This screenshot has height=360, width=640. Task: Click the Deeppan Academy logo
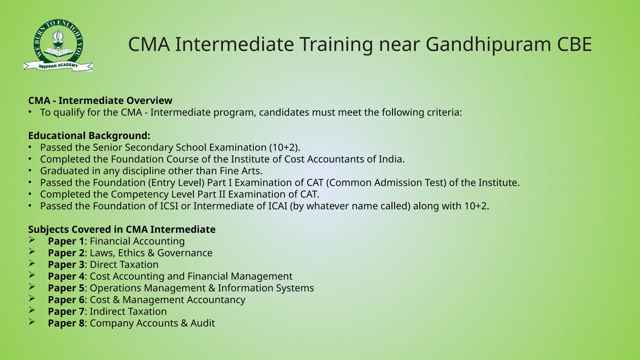coord(58,45)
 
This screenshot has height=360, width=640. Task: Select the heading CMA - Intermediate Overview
coord(100,101)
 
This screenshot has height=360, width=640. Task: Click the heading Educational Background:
coord(89,136)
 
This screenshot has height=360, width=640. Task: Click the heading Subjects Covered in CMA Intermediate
coord(122,230)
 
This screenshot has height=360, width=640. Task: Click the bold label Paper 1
coord(66,241)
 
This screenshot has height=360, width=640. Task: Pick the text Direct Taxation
coord(124,265)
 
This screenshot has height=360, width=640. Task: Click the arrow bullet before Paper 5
coord(32,287)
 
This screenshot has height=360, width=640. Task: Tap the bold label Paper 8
coord(66,323)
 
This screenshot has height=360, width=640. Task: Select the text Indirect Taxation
coord(128,312)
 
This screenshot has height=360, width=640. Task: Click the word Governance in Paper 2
coord(185,253)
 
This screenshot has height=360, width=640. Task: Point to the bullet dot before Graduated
coord(30,171)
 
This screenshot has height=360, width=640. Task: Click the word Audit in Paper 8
coord(202,323)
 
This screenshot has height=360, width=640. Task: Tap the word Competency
coord(140,194)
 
